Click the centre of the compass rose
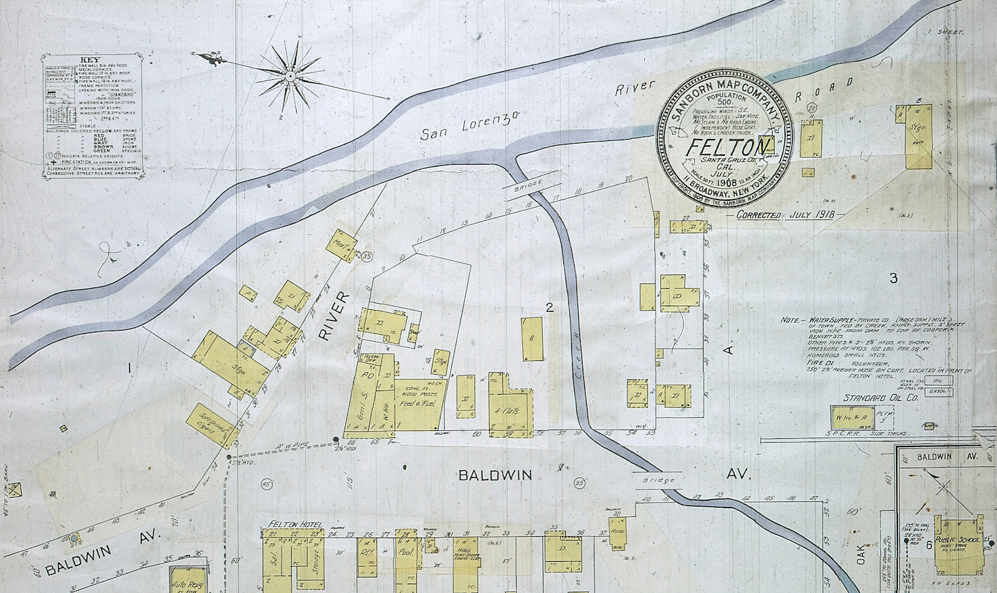290,75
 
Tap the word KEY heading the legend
85,60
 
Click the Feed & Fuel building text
416,402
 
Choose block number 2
549,307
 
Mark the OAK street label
862,552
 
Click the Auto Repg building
187,580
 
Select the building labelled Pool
406,552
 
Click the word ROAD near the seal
824,90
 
